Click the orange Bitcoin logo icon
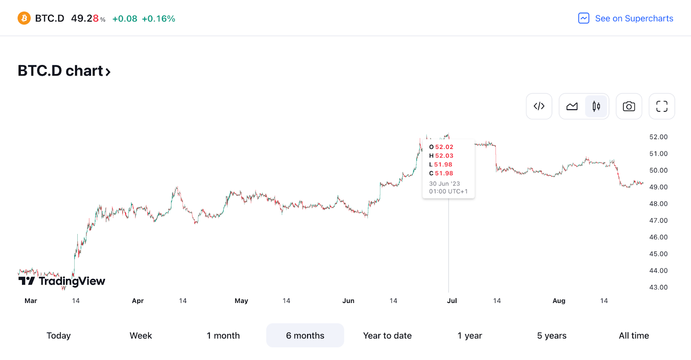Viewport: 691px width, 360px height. [24, 18]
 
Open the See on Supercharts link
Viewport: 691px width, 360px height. [626, 18]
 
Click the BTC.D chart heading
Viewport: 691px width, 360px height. [64, 71]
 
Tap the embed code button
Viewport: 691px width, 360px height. [539, 106]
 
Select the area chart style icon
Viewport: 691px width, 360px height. [572, 106]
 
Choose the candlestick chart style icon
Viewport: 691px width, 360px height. [596, 106]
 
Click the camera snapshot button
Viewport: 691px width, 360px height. [629, 106]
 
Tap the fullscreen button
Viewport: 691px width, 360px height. [662, 106]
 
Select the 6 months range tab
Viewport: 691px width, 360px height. [305, 335]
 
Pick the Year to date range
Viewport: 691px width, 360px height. [387, 335]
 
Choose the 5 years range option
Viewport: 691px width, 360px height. [552, 335]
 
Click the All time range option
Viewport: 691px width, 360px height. [634, 335]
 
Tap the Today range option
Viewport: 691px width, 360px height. [59, 335]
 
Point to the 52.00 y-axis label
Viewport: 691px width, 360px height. [658, 137]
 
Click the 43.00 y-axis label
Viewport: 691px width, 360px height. [658, 287]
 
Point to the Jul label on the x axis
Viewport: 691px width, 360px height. [452, 301]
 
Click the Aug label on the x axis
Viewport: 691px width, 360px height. [559, 301]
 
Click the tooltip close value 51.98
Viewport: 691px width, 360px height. [444, 173]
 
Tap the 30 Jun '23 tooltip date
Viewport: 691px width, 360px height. [444, 183]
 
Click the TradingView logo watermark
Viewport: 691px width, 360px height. [62, 281]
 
